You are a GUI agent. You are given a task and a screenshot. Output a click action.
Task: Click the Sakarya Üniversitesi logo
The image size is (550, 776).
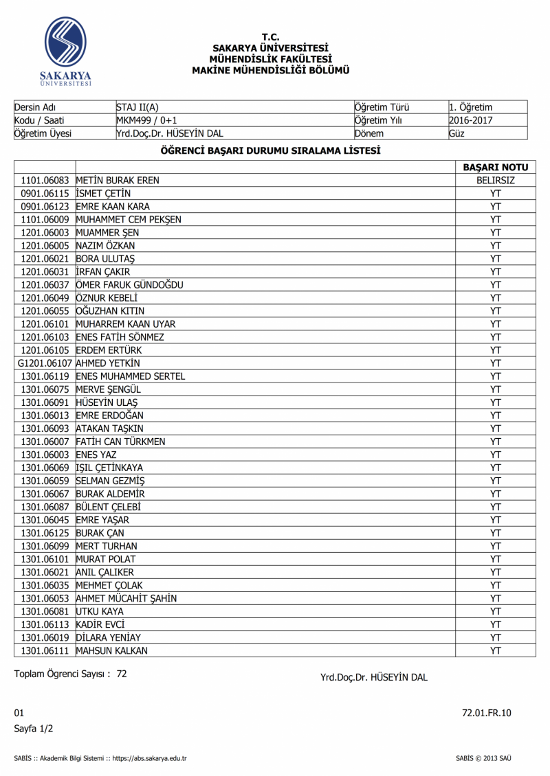[x=66, y=52]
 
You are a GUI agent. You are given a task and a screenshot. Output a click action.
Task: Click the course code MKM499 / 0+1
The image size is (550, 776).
[x=147, y=120]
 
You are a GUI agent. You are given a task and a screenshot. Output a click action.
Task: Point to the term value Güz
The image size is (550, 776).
[x=456, y=133]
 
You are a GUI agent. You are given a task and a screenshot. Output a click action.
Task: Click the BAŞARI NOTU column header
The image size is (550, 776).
[x=496, y=168]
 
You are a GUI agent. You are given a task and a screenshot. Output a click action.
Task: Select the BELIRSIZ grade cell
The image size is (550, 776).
[x=496, y=181]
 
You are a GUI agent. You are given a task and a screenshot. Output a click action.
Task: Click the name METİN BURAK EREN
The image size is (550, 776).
[x=118, y=181]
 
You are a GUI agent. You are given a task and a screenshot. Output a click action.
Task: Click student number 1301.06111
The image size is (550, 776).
[x=45, y=650]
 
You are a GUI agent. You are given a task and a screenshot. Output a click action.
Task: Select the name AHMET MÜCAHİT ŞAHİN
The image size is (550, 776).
[x=126, y=598]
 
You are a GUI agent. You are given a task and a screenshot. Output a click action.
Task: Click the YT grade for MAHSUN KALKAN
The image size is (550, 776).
[x=496, y=650]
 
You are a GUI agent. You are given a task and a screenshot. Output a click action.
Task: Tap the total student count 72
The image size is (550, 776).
[x=122, y=674]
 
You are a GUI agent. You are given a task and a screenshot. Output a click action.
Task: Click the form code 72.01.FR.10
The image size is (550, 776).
[x=487, y=714]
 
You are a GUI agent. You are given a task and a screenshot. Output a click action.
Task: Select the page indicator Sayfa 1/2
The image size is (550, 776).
[x=34, y=728]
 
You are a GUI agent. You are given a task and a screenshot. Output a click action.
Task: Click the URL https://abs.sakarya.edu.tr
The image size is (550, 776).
[x=150, y=759]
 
